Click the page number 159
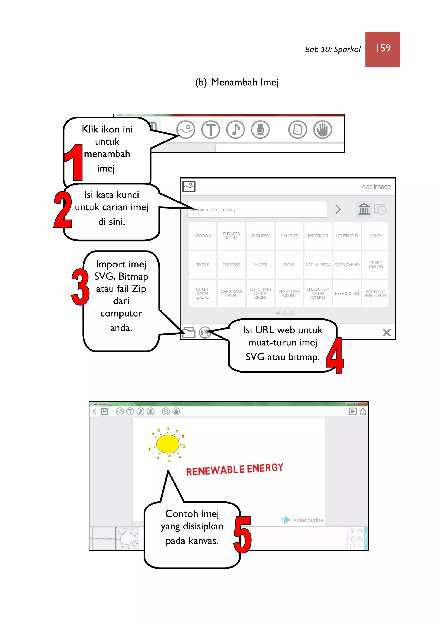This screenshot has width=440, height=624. coord(383,48)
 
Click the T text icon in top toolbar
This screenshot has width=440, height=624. coord(210,129)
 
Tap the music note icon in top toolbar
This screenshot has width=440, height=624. coord(235,129)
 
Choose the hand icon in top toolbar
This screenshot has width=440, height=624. coord(322,129)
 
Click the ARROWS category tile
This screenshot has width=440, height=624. coord(202,236)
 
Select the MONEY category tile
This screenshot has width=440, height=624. coord(376,236)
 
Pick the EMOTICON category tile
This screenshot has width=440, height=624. coord(318,236)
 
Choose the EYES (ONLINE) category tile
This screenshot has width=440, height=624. coord(347,294)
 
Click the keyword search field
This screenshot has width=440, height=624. coord(257,210)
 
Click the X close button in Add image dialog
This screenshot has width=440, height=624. coord(386,332)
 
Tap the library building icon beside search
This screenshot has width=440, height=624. coord(364,209)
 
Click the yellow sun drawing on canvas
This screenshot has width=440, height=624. coord(167,444)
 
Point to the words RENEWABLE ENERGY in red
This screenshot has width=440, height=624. coord(235,469)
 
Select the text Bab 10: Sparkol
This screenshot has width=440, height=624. coord(333,50)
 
